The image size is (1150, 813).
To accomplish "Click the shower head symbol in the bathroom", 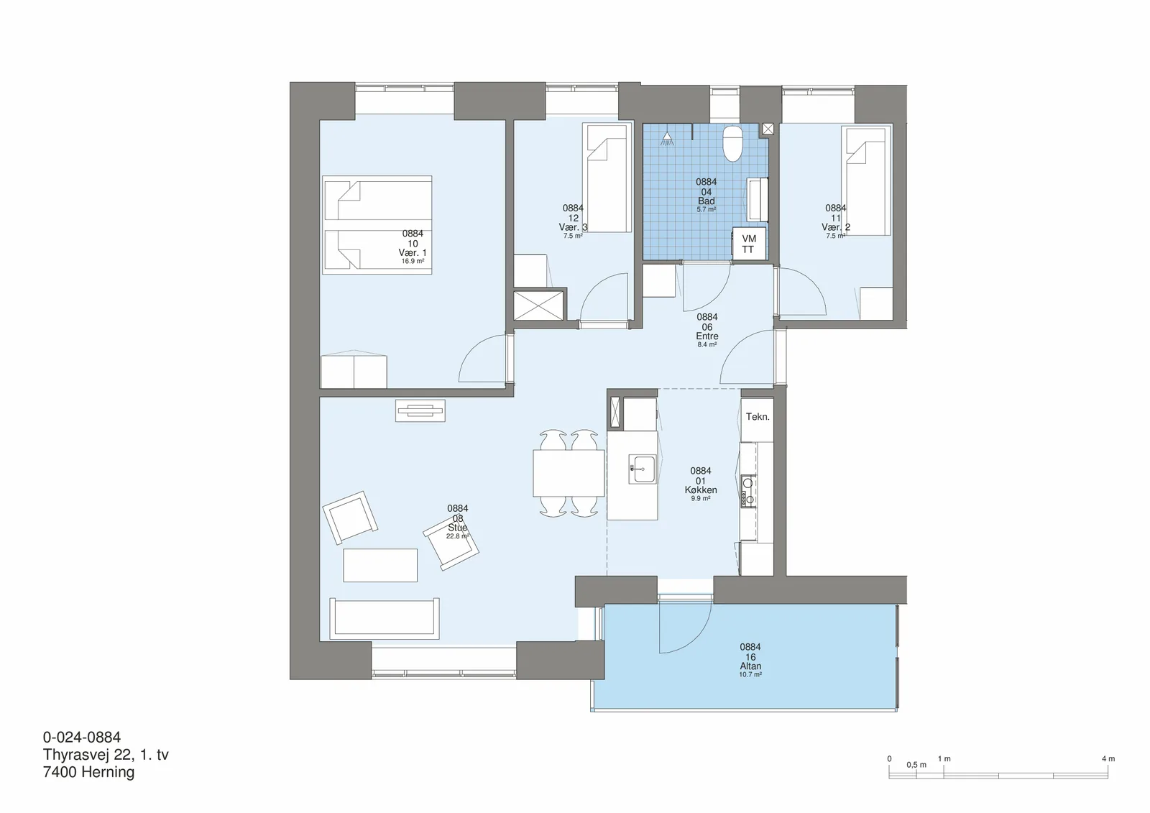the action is point(667,137).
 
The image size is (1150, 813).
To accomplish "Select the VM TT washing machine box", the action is point(748,244).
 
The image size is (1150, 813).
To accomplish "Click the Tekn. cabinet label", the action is point(758,416).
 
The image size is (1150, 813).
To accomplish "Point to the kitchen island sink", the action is point(643,469).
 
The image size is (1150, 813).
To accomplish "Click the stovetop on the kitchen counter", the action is point(748,492).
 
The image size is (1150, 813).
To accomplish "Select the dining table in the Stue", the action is point(569,473).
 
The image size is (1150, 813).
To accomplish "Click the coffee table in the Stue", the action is point(380,565).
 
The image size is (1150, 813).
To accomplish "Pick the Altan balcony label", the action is point(750,666).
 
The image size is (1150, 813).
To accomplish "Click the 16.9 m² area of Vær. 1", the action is point(413,262).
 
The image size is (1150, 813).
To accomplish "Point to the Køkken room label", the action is point(700,490).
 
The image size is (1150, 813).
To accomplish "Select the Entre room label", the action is point(707,336).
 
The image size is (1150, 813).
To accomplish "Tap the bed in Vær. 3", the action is point(607,178).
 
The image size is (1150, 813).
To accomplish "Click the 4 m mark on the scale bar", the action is point(1108,758).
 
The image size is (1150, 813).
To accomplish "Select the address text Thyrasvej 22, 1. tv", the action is point(106,755).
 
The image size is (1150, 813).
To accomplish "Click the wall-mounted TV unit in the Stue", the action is point(420,411).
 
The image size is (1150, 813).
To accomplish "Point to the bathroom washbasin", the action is point(757,199).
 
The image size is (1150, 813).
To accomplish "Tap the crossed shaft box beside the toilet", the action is point(768,129).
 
